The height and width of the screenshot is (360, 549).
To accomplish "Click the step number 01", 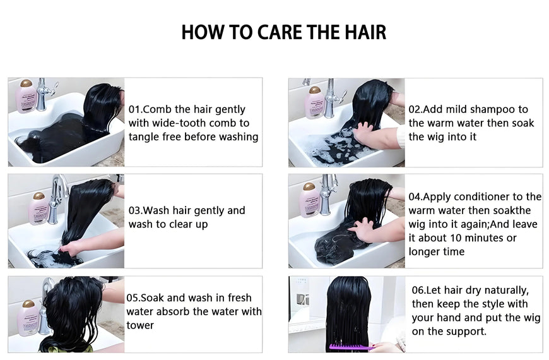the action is [134, 109].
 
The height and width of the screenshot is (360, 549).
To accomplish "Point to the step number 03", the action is [134, 211].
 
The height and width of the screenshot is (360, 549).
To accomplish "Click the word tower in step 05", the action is [140, 325].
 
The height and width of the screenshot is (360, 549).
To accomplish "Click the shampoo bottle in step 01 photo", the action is [26, 97].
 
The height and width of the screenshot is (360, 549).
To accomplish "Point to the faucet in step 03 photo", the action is [56, 199].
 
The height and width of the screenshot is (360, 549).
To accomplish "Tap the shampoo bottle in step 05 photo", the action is [28, 318].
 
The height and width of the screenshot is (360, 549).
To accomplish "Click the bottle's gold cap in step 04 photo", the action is [309, 186].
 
